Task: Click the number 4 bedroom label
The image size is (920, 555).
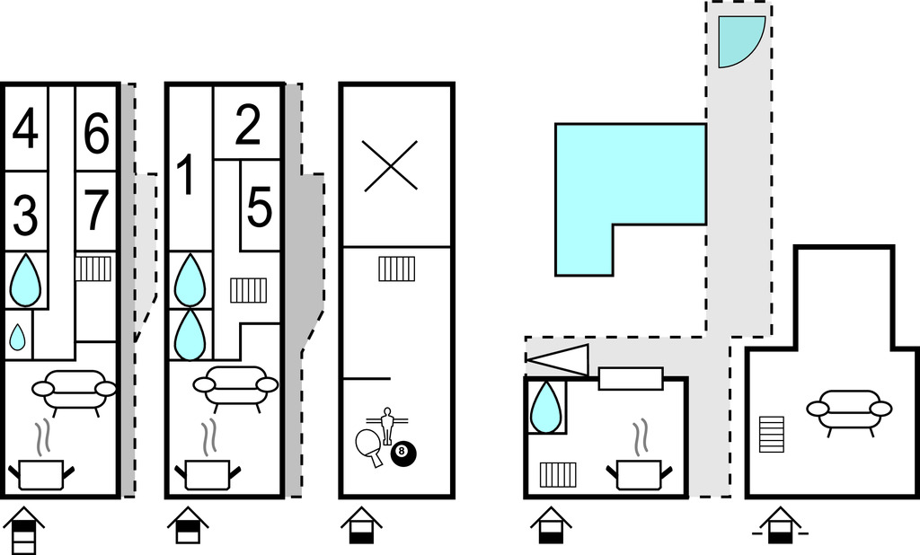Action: click(x=26, y=130)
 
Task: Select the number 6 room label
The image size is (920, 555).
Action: click(x=96, y=135)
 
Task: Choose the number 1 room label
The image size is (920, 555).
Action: click(x=186, y=176)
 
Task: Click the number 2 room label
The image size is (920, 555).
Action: click(x=247, y=127)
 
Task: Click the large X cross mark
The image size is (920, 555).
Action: click(x=391, y=165)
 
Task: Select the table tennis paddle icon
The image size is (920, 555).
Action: click(x=369, y=443)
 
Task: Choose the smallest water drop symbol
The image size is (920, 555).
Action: click(x=17, y=337)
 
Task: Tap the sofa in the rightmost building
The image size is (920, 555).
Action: click(x=849, y=410)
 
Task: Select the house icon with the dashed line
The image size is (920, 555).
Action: click(x=779, y=526)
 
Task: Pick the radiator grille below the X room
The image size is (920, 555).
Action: click(x=396, y=269)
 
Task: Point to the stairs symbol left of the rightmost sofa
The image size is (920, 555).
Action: click(x=772, y=435)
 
